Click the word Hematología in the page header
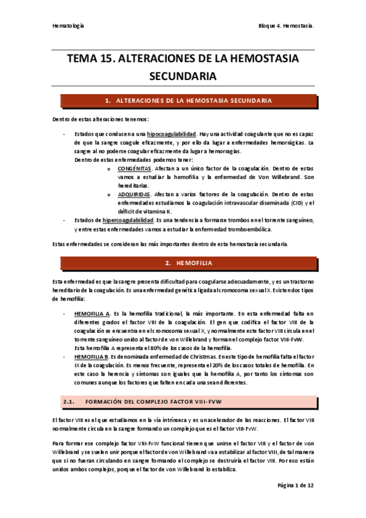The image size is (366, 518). pos(67,27)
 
